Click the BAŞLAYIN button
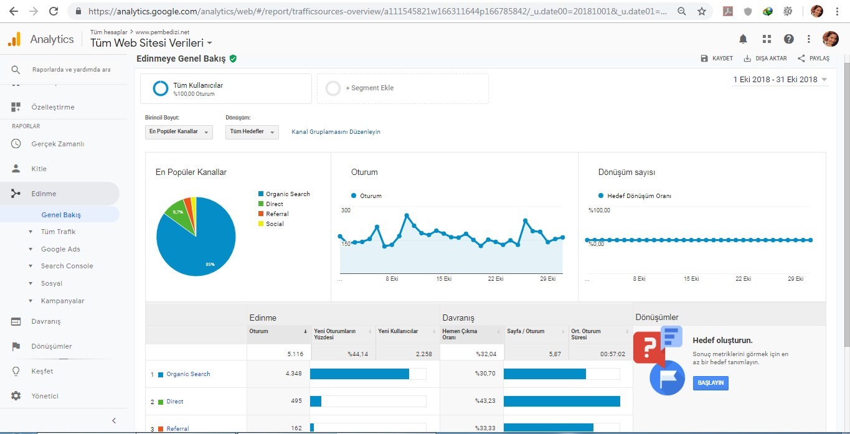click(711, 383)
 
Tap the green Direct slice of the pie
click(180, 217)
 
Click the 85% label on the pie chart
click(210, 265)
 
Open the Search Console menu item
click(67, 266)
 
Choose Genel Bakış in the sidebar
click(61, 215)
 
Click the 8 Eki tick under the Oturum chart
click(392, 279)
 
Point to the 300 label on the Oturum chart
click(346, 210)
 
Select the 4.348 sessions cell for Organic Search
click(294, 374)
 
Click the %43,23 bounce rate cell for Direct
click(485, 401)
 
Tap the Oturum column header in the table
click(259, 331)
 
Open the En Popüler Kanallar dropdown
click(179, 131)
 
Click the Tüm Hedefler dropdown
click(252, 131)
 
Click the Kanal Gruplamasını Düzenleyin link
click(336, 132)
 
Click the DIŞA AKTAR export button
click(765, 59)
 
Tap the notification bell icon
click(743, 39)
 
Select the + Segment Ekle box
click(403, 88)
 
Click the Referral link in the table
click(177, 428)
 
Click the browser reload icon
click(54, 11)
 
